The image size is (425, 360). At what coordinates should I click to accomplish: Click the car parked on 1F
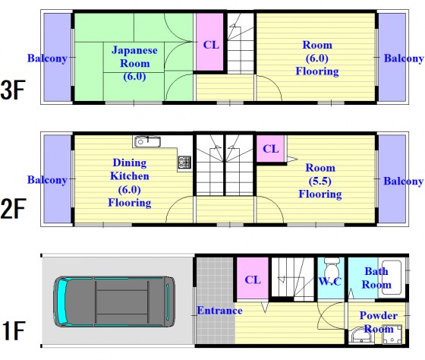(x=114, y=302)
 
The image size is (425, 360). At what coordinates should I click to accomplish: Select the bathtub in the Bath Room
(x=392, y=277)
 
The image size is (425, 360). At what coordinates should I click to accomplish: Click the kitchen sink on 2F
(x=147, y=141)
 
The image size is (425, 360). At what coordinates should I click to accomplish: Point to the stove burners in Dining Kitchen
(x=184, y=163)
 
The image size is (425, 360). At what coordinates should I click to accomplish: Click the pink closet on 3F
(x=209, y=42)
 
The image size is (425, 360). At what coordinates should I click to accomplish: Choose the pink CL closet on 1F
(x=253, y=278)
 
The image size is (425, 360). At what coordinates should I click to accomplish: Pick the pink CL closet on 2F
(x=270, y=149)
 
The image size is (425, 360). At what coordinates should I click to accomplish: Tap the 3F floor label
(x=13, y=90)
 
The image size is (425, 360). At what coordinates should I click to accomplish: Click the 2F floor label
(x=13, y=208)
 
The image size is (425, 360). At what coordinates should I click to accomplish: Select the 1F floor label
(x=14, y=330)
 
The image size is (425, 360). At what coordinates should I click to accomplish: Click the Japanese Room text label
(x=135, y=57)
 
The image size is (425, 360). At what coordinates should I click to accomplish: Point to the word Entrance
(x=219, y=311)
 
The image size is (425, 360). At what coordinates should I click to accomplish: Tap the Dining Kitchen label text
(x=130, y=169)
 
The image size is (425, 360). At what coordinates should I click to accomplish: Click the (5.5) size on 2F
(x=320, y=181)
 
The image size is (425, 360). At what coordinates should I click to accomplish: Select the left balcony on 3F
(x=58, y=57)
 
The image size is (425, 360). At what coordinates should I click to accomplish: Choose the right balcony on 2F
(x=392, y=179)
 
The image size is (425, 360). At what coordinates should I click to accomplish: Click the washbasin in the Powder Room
(x=361, y=336)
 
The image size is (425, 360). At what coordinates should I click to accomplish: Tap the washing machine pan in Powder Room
(x=392, y=334)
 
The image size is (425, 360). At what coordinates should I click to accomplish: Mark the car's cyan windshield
(x=61, y=302)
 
